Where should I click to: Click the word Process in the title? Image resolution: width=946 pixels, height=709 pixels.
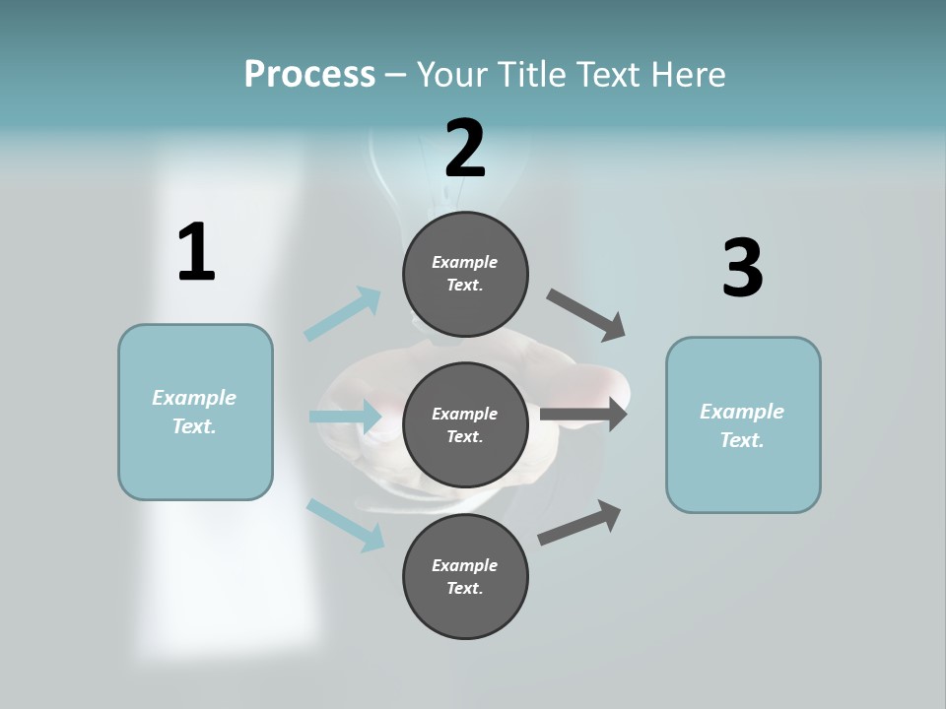[x=309, y=74]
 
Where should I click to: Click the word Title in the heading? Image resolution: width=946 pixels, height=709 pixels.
[x=531, y=74]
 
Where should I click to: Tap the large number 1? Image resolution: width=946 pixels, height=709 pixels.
[x=196, y=252]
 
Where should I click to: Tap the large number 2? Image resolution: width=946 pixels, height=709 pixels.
[x=465, y=149]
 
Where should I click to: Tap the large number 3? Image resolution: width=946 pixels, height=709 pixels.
[x=742, y=268]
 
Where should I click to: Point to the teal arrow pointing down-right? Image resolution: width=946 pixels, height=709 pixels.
[x=345, y=524]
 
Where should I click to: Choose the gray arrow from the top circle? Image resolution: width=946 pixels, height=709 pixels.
[x=586, y=314]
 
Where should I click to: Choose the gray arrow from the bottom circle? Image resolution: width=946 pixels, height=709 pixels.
[x=579, y=522]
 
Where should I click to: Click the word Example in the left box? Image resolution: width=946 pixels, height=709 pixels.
[x=194, y=398]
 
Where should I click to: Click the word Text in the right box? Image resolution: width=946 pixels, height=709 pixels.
[x=740, y=440]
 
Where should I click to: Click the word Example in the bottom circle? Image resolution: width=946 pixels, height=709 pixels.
[x=465, y=565]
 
